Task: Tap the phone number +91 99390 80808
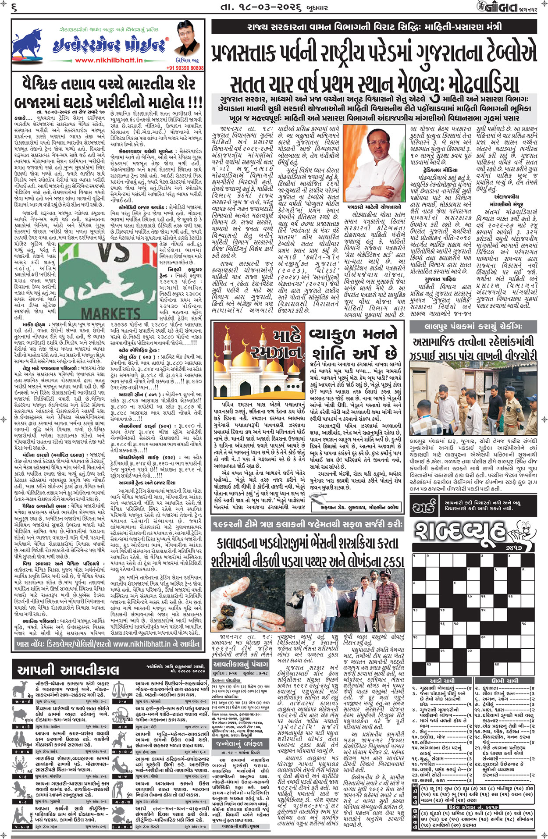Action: (185, 68)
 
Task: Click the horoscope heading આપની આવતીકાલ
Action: (68, 670)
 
